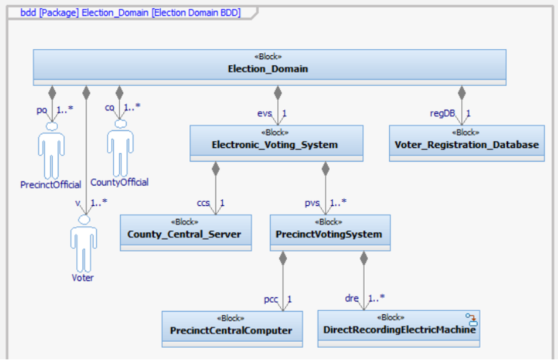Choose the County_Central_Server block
click(185, 232)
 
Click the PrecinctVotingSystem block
click(330, 232)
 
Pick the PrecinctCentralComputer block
click(232, 328)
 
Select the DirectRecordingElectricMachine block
click(398, 328)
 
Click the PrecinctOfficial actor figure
click(51, 151)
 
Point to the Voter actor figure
click(83, 242)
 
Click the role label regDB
click(440, 114)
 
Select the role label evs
click(265, 114)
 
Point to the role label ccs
click(203, 203)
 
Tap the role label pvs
click(312, 203)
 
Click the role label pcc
click(271, 298)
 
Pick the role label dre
click(352, 298)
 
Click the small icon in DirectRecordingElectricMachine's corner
click(472, 318)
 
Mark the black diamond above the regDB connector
click(462, 92)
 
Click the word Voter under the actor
click(83, 277)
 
